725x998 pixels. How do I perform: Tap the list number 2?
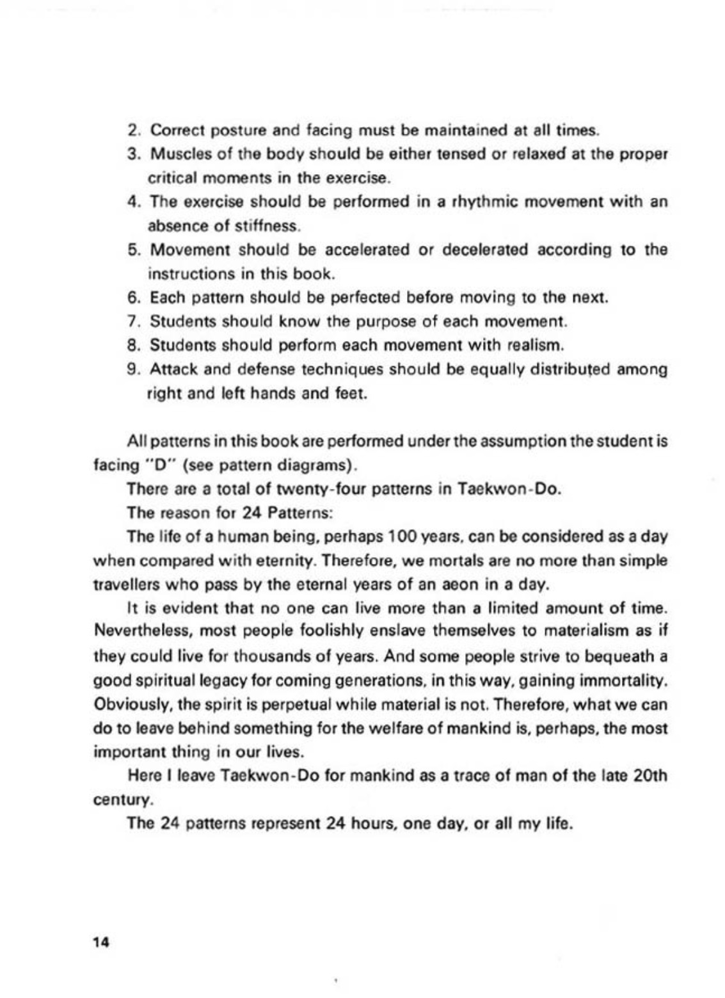click(134, 131)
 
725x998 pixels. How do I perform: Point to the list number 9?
click(134, 369)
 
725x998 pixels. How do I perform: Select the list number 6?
click(134, 298)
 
